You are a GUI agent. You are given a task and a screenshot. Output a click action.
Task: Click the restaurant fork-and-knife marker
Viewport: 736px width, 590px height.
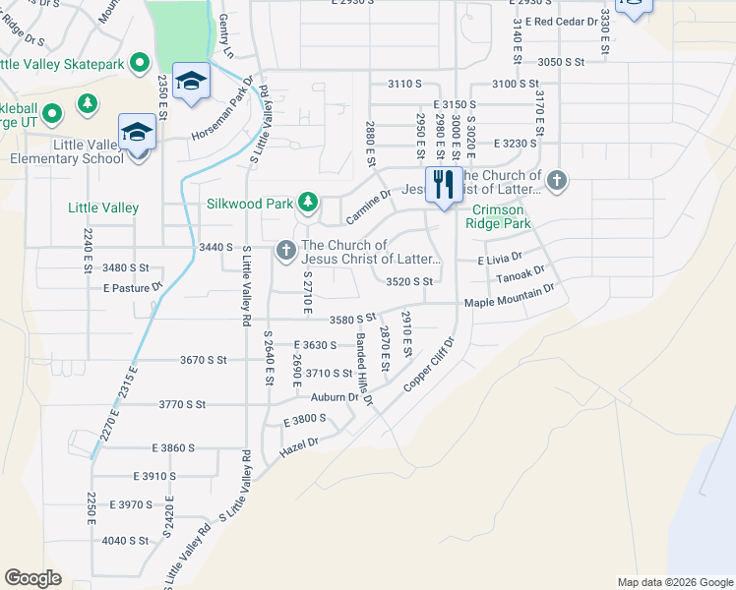pyautogui.click(x=443, y=184)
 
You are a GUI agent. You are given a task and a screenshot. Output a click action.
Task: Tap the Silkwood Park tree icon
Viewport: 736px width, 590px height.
pyautogui.click(x=308, y=203)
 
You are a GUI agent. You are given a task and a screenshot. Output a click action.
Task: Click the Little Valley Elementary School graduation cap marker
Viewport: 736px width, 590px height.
pyautogui.click(x=138, y=133)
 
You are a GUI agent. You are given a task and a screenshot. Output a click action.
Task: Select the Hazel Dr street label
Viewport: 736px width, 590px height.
pyautogui.click(x=300, y=443)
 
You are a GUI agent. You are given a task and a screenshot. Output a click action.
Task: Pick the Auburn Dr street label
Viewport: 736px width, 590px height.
pyautogui.click(x=336, y=397)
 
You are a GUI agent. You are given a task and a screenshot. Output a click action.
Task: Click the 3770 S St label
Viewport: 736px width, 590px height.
pyautogui.click(x=182, y=404)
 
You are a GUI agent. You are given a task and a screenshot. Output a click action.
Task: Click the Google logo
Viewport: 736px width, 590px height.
pyautogui.click(x=32, y=578)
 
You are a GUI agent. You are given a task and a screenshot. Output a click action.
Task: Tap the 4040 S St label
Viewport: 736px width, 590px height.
pyautogui.click(x=125, y=540)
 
